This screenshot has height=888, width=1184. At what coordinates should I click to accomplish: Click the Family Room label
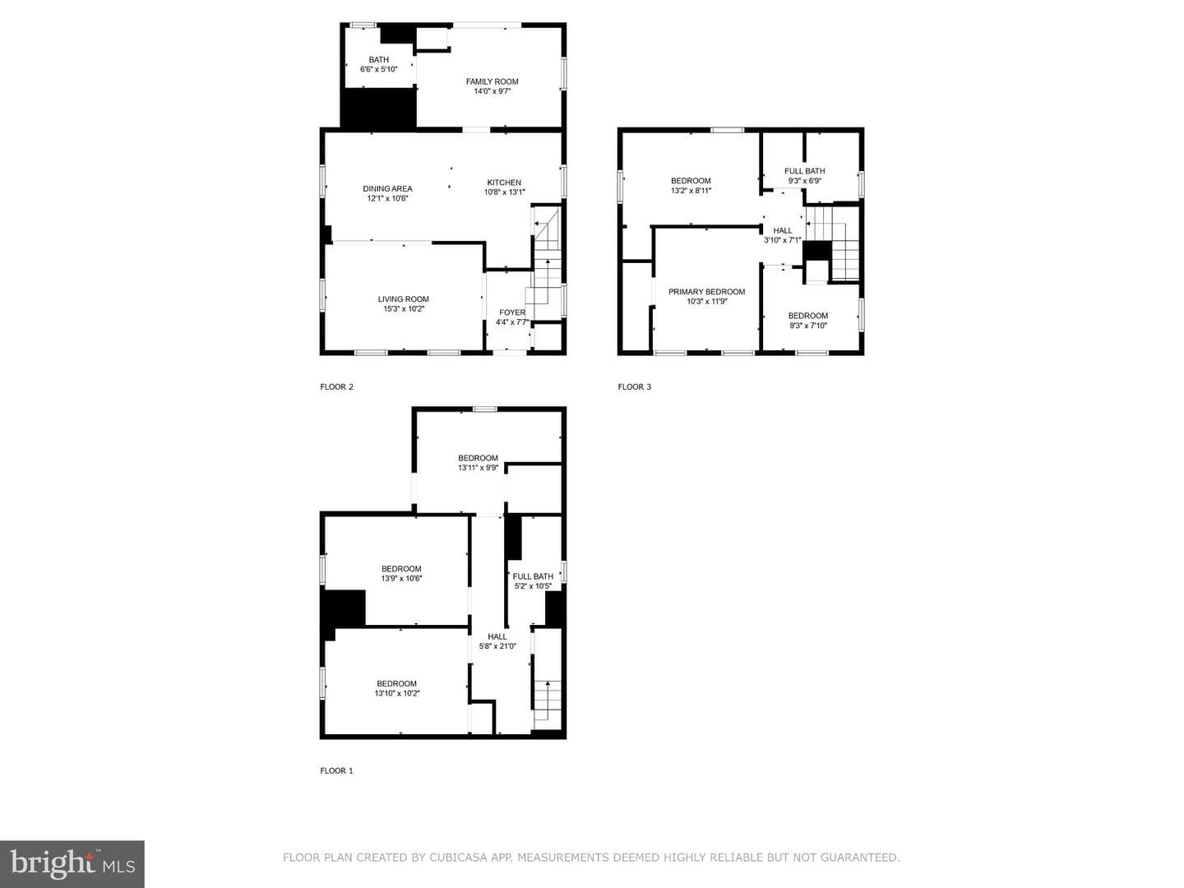tap(492, 81)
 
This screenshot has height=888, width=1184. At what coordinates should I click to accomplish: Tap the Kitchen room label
tap(504, 183)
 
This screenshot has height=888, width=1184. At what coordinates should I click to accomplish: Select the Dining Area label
tap(387, 189)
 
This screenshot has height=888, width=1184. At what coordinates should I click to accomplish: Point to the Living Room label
tap(403, 299)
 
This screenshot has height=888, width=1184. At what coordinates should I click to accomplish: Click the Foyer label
tap(512, 312)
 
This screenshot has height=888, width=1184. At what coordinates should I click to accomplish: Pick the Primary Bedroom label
tap(706, 292)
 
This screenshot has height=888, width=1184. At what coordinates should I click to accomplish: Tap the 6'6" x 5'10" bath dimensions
tap(379, 69)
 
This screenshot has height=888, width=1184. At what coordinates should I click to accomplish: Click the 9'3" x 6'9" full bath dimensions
tap(804, 181)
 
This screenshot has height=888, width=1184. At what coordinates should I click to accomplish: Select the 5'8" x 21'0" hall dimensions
tap(497, 646)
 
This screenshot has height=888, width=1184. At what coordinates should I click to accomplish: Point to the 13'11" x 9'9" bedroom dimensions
tap(478, 468)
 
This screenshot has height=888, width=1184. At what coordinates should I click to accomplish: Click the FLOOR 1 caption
tap(336, 770)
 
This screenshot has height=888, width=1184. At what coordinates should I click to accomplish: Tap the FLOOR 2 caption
tap(336, 386)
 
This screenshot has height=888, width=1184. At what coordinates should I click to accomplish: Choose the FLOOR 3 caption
tap(634, 386)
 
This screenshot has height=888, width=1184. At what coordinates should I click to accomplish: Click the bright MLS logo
tap(72, 863)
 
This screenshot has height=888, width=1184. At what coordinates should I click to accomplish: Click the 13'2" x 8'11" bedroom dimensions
tap(691, 190)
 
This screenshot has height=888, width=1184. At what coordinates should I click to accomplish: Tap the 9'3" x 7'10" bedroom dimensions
tap(808, 326)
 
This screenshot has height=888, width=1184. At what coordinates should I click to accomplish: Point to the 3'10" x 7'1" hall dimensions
tap(782, 240)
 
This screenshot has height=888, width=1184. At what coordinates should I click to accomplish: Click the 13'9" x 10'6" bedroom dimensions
tap(401, 578)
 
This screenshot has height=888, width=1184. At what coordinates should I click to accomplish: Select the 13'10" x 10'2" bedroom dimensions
tap(397, 693)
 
